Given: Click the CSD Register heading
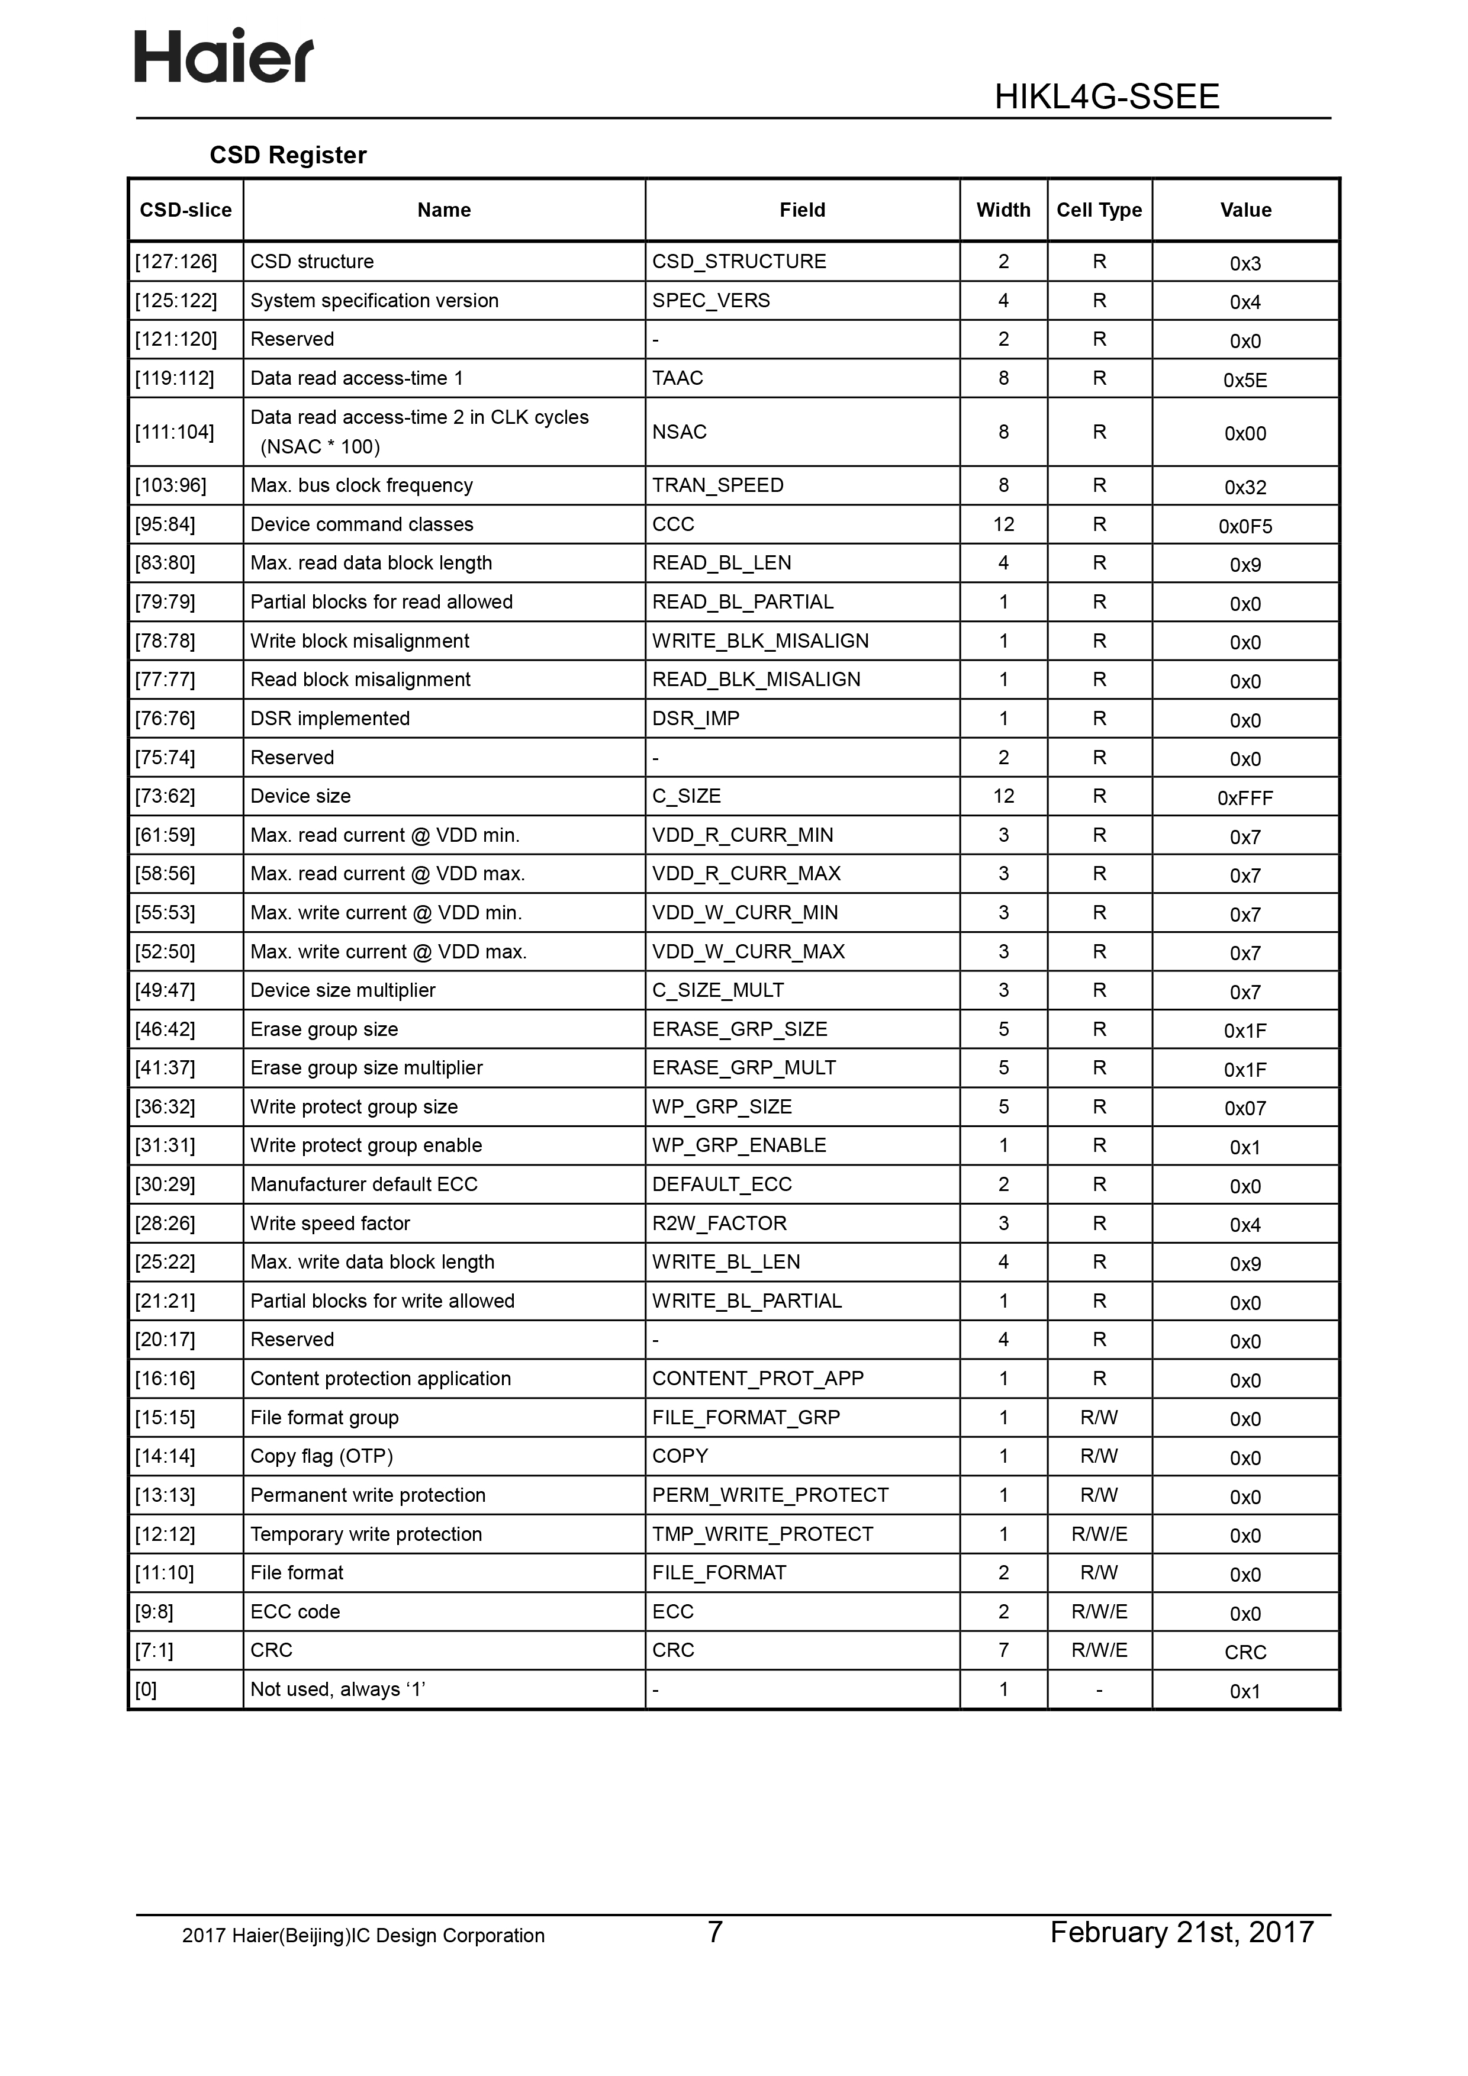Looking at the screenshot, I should [288, 156].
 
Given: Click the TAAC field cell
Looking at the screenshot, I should [677, 378].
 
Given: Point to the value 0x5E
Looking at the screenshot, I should [1245, 381].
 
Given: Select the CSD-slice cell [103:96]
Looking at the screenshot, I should [171, 485].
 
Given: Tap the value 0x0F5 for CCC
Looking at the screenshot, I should [1245, 526].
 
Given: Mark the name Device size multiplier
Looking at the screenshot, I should [343, 990].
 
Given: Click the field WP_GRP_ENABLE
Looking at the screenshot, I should [739, 1145].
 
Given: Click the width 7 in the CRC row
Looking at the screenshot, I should [1003, 1650].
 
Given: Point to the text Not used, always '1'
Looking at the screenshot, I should [337, 1689].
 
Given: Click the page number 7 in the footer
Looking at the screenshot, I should [714, 1932].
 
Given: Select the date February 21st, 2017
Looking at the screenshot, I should [1180, 1932].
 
